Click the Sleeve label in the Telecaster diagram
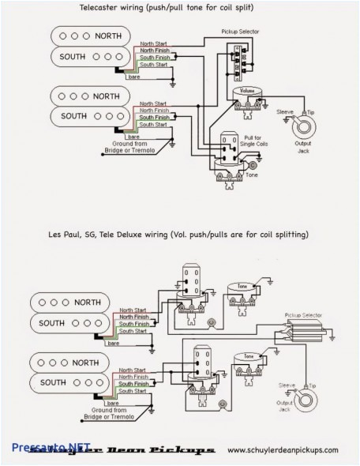[283, 111]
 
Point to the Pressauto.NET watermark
[36, 445]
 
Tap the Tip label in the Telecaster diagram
[309, 111]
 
